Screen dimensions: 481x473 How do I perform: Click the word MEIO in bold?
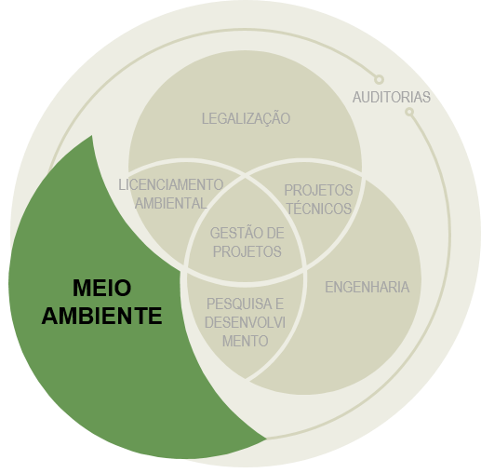(102, 288)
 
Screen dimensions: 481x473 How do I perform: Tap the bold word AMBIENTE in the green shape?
(101, 316)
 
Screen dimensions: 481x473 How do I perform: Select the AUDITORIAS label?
(392, 97)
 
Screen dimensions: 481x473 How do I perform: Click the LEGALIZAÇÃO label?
(246, 118)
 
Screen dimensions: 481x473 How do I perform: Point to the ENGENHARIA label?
(367, 287)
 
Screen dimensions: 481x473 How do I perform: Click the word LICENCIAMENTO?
(171, 185)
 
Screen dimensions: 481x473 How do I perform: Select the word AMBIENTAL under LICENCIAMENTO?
(171, 203)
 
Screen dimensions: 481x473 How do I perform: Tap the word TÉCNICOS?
(319, 208)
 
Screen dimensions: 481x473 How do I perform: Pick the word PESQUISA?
(235, 304)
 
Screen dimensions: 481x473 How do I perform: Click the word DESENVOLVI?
(245, 322)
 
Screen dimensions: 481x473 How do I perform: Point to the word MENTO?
(246, 341)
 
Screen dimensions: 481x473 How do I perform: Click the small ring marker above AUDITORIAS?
(379, 79)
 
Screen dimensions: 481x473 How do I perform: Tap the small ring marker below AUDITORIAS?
(409, 112)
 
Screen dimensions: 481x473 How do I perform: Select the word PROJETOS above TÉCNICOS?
(318, 190)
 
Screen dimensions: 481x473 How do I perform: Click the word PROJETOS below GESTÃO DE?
(247, 251)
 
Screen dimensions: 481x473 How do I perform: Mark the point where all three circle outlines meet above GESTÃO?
(246, 177)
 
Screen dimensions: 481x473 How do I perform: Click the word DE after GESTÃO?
(275, 233)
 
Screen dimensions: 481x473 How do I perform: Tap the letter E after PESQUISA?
(279, 304)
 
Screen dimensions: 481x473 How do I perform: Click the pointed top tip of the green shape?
(92, 136)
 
